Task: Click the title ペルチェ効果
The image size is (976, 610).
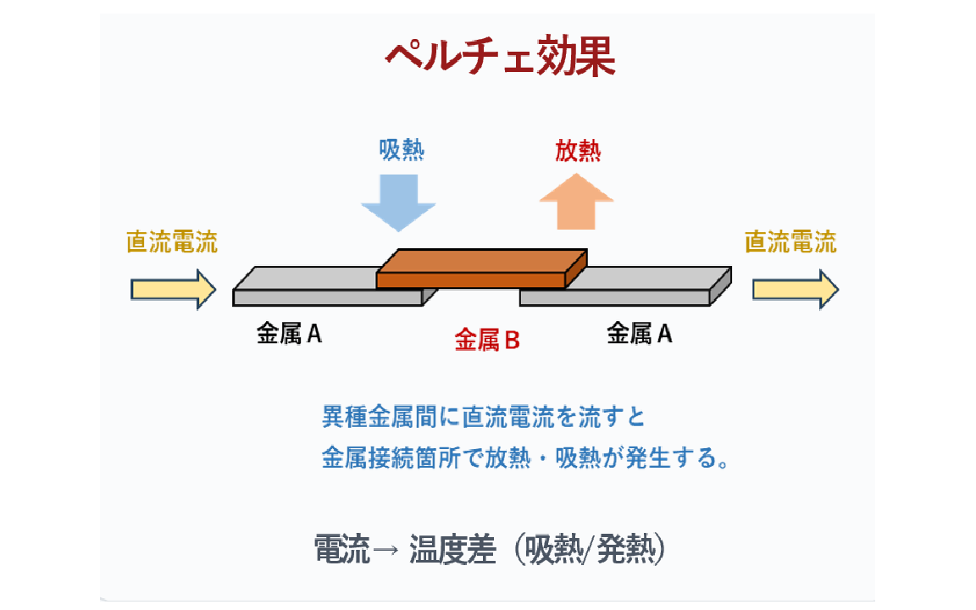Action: click(x=500, y=58)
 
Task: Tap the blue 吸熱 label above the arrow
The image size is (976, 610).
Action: click(x=402, y=150)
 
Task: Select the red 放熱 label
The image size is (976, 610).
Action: click(x=578, y=150)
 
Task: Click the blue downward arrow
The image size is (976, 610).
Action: click(x=398, y=202)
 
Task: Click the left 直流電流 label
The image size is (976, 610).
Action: click(x=172, y=242)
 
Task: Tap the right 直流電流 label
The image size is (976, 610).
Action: click(x=790, y=242)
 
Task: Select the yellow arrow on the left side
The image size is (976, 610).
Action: click(x=174, y=290)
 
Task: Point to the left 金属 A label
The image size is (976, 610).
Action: click(x=290, y=335)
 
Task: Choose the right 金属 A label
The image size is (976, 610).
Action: click(x=640, y=335)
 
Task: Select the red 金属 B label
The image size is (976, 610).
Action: click(x=487, y=341)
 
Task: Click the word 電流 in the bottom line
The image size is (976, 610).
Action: click(x=342, y=551)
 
